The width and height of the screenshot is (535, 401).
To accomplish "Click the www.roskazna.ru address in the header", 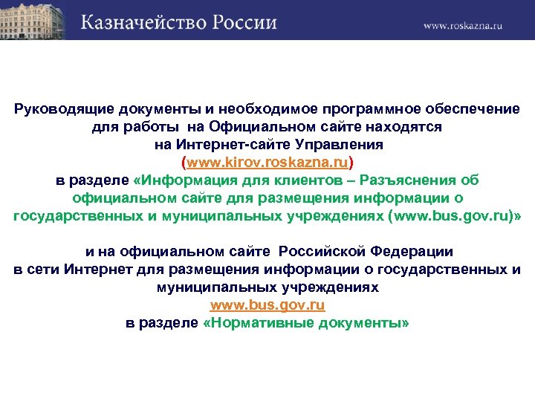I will pyautogui.click(x=464, y=25).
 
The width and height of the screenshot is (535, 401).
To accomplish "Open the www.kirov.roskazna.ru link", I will pyautogui.click(x=267, y=163).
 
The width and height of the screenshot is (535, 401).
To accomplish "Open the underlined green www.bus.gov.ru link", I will pyautogui.click(x=267, y=305).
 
